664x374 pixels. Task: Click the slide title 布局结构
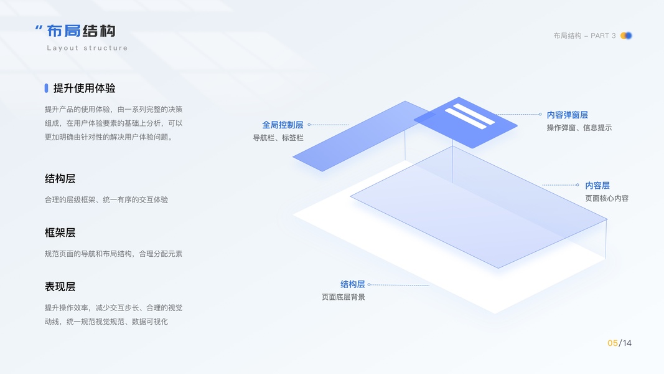pos(81,31)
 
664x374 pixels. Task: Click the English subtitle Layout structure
pos(87,48)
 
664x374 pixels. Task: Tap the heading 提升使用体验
pos(85,89)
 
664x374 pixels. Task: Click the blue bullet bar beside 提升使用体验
pos(46,89)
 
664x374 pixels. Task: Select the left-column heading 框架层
pos(60,233)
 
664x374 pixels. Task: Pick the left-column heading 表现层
pos(60,287)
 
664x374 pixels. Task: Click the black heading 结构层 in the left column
pos(60,178)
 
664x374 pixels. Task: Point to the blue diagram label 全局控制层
pos(283,125)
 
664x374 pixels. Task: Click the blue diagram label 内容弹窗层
pos(567,115)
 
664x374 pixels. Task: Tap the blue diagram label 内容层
pos(597,185)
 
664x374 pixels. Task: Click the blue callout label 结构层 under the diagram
pos(352,284)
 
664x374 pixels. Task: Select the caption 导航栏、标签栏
pos(278,138)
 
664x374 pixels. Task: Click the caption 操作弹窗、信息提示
pos(579,128)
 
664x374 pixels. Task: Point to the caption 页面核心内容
pos(607,198)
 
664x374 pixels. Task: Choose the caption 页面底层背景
pos(344,297)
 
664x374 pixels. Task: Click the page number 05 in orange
pos(612,343)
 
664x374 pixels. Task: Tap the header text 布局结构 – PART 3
pos(584,36)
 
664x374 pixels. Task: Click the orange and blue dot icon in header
pos(626,36)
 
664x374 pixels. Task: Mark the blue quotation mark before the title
pos(39,29)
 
